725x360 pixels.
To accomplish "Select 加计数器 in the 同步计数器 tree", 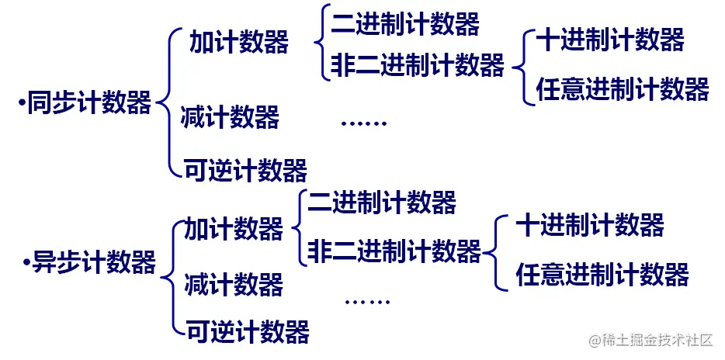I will click(239, 42).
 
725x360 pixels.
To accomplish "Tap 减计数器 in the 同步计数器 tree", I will click(230, 119).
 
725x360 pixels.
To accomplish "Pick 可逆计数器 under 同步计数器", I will click(245, 168).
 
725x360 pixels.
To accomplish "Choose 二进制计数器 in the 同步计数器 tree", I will click(405, 24).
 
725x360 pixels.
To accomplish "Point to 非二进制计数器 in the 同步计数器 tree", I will click(418, 64).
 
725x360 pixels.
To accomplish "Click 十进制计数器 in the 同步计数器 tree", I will click(610, 40).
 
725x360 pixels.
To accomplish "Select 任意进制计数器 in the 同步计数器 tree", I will click(623, 89).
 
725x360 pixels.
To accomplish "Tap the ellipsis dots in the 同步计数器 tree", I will click(363, 123).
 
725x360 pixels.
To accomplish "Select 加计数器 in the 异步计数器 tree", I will click(234, 229).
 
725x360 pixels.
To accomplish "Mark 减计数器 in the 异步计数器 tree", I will click(234, 284).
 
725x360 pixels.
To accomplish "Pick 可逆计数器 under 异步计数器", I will click(248, 331).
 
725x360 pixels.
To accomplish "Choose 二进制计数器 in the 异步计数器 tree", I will click(382, 202).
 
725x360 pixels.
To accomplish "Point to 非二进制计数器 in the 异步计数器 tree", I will click(394, 251).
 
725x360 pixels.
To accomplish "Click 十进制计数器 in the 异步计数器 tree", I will click(590, 226).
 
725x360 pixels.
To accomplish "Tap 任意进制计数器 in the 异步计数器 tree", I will click(602, 274).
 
